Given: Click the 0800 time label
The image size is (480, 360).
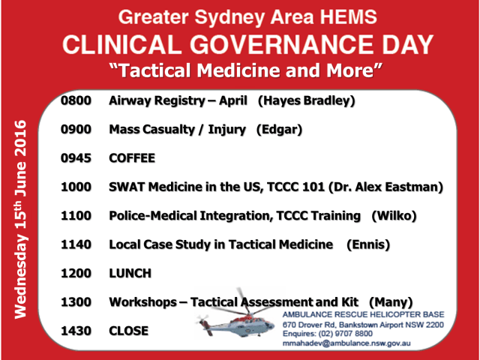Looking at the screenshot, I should pyautogui.click(x=76, y=100).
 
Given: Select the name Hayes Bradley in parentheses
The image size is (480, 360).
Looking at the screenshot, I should pyautogui.click(x=307, y=100).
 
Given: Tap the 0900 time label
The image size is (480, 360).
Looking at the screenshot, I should pyautogui.click(x=76, y=130).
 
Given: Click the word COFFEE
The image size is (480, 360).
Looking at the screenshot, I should pyautogui.click(x=132, y=158).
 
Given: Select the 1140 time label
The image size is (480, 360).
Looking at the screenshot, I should pyautogui.click(x=76, y=244).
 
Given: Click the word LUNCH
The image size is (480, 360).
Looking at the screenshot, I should pyautogui.click(x=130, y=273).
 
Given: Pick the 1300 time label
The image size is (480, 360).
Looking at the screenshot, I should pyautogui.click(x=76, y=301).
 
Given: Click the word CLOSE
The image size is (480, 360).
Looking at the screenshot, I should pyautogui.click(x=129, y=331).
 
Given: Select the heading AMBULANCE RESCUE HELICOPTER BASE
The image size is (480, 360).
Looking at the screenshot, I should pyautogui.click(x=363, y=313).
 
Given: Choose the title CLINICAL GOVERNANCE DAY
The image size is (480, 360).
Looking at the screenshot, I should pyautogui.click(x=247, y=43).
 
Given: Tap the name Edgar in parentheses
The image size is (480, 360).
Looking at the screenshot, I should pyautogui.click(x=279, y=130).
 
